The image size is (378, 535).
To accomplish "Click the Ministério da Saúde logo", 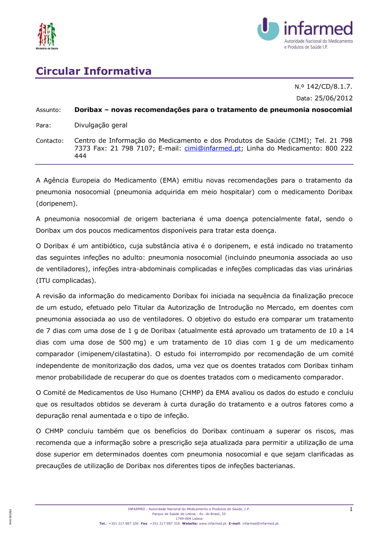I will click(47, 35).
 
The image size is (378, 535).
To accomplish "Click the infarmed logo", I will click(305, 34).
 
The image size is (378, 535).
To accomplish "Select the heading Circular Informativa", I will click(94, 71).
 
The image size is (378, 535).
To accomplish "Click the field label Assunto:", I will click(48, 110).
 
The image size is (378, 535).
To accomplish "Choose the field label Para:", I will click(43, 125).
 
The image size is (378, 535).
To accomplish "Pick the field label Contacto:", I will click(50, 141).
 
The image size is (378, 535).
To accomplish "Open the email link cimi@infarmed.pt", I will click(212, 148).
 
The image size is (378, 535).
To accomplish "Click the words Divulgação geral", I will click(101, 125).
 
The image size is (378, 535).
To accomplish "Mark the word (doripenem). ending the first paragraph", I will click(57, 204).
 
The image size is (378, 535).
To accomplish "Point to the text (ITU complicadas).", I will click(66, 281).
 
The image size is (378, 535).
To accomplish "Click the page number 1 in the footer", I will click(351, 509).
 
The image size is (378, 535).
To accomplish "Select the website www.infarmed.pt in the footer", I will click(212, 524).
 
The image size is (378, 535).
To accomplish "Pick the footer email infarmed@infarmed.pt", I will click(260, 524).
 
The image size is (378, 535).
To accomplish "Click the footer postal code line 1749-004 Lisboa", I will click(189, 519).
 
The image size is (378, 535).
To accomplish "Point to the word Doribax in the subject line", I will click(88, 110).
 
